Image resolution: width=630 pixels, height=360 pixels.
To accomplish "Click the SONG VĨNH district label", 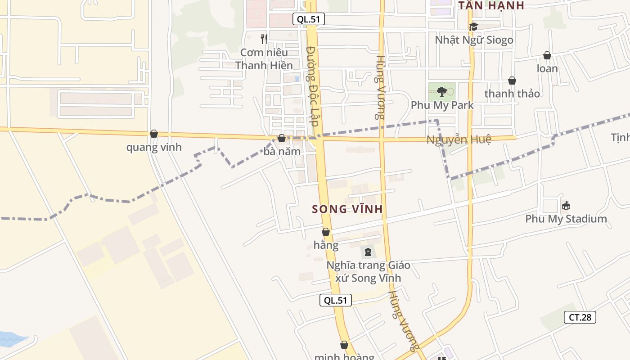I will tap(347, 209).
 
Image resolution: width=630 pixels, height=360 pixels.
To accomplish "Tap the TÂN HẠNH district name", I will tap(491, 5).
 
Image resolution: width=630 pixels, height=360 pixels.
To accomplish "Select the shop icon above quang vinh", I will tap(154, 134).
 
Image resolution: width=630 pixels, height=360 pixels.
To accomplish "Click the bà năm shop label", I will tap(282, 152).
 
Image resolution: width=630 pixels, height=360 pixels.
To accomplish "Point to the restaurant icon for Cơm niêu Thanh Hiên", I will tap(264, 39).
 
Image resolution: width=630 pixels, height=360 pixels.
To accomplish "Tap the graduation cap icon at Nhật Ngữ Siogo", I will tap(473, 27).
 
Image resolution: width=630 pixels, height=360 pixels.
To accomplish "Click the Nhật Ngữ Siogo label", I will tap(474, 40).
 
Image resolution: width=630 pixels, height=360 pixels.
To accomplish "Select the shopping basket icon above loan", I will tap(547, 55).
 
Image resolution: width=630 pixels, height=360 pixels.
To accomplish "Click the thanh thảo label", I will tap(512, 94).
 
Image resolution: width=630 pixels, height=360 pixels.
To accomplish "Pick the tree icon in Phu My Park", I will tap(441, 92).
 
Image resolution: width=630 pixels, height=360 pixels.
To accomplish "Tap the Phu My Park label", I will tap(442, 105).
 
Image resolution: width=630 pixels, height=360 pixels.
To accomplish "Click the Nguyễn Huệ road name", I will tap(459, 139).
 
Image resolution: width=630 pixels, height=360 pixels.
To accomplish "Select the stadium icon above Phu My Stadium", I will tap(566, 206).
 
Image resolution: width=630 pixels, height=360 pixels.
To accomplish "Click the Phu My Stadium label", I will tap(566, 219).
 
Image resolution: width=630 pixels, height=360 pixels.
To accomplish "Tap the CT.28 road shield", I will tap(580, 317).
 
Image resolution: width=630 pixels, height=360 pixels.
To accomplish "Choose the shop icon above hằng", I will tap(326, 232).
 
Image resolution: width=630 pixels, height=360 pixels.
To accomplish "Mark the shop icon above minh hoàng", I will tap(344, 345).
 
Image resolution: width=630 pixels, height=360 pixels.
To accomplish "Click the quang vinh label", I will tap(154, 147).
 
